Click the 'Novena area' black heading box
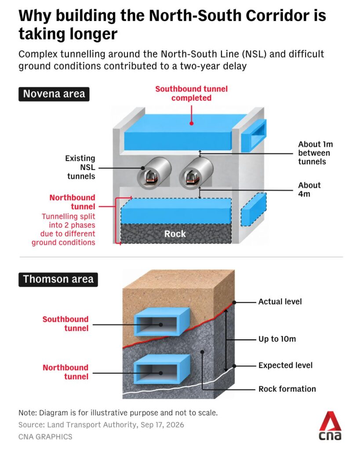point(54,94)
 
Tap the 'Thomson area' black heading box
point(58,279)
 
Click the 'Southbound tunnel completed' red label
point(192,93)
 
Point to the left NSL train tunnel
point(154,173)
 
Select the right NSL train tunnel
point(196,173)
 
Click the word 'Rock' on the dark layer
point(175,234)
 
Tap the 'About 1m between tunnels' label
point(316,153)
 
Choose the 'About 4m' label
point(309,189)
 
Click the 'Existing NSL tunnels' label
point(80,167)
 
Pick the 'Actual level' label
point(280,301)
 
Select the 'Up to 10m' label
point(277,339)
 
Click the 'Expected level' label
point(285,365)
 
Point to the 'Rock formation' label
point(287,389)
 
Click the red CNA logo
point(330,426)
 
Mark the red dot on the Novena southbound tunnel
point(192,123)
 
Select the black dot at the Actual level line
point(234,302)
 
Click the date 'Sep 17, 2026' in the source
point(162,425)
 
